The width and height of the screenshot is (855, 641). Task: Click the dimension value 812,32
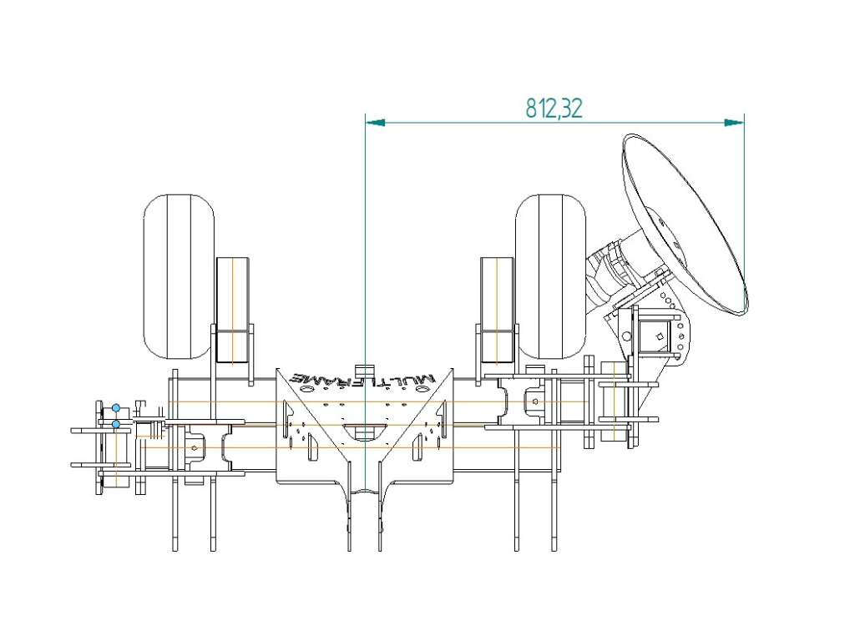click(554, 108)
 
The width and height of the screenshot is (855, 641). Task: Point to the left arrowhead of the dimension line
click(375, 123)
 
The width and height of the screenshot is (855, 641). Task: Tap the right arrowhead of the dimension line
click(734, 123)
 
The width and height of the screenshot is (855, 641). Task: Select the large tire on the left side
click(179, 276)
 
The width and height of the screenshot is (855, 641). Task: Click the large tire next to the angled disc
click(551, 276)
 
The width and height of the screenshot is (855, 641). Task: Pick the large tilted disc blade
click(685, 224)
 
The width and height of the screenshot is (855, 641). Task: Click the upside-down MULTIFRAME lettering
click(364, 381)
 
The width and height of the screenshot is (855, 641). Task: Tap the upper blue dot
click(115, 407)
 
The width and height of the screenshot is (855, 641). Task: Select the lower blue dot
click(116, 423)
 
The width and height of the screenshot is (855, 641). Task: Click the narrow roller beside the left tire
click(233, 310)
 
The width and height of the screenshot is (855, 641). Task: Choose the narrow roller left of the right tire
click(497, 310)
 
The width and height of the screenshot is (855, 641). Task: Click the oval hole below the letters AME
click(306, 391)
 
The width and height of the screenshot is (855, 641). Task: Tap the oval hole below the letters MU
click(422, 391)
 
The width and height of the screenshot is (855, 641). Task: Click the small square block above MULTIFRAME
click(362, 370)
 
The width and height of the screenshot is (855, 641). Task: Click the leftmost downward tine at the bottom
click(175, 512)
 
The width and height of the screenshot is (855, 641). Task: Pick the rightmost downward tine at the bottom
click(554, 512)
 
